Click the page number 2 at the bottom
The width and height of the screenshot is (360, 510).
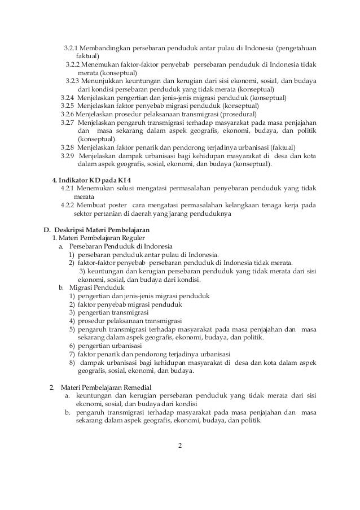tap(180, 450)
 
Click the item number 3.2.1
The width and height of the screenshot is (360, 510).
tap(71, 46)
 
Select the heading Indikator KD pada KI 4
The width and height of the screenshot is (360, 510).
tap(99, 180)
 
